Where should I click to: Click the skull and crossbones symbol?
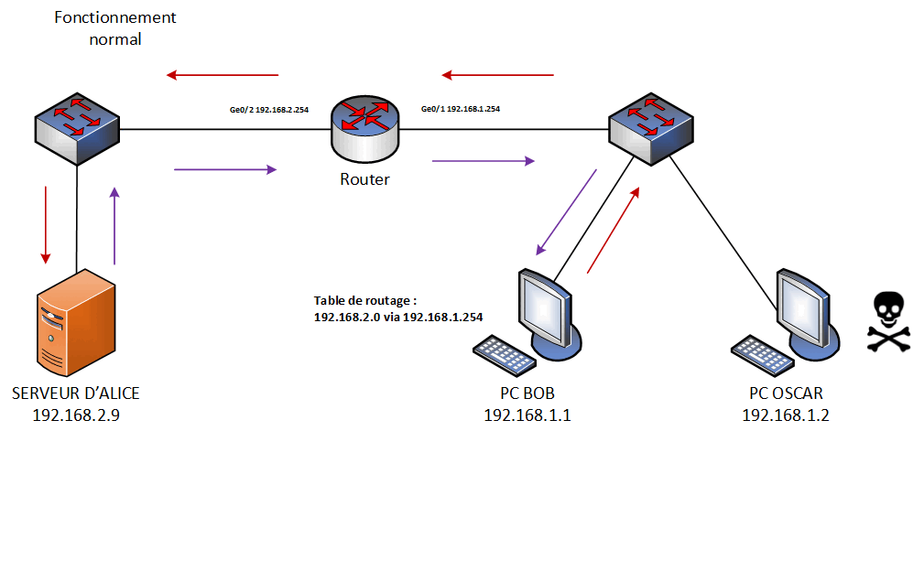pos(888,322)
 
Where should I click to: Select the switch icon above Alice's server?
pos(77,129)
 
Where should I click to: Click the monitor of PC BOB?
pos(548,307)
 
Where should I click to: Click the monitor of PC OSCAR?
pos(806,307)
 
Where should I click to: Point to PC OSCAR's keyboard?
pos(759,355)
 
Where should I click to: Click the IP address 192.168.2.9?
pos(75,414)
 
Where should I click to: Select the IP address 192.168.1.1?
pos(527,415)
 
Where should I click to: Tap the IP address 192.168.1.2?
pos(786,415)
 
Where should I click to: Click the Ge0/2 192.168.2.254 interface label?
pos(268,110)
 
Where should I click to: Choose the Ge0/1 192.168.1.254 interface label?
pos(460,110)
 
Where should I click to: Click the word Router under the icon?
pos(364,179)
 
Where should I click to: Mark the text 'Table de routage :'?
pos(365,300)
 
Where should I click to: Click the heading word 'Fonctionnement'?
pos(115,17)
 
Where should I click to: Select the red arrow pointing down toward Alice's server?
pos(45,224)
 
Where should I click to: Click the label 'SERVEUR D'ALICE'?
pos(75,393)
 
